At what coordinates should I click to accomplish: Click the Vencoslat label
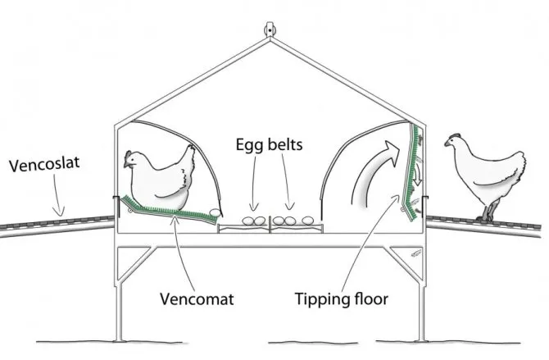click(44, 164)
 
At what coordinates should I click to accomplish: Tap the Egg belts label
click(269, 144)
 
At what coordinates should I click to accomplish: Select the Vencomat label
click(197, 299)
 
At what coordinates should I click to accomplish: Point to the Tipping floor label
click(342, 299)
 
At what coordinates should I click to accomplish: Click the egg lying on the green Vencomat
click(215, 212)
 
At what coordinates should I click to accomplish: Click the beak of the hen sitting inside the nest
click(125, 164)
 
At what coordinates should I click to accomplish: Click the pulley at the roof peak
click(270, 30)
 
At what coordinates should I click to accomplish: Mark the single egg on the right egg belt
click(308, 221)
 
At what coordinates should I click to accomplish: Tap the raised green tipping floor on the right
click(412, 171)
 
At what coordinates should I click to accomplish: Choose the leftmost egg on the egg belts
click(248, 221)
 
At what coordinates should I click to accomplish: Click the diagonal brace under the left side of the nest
click(137, 263)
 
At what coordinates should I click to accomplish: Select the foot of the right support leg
click(423, 339)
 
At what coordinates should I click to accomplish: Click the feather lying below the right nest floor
click(416, 253)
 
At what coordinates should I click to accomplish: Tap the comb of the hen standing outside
click(455, 135)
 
